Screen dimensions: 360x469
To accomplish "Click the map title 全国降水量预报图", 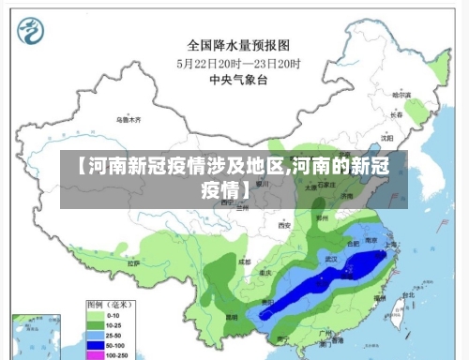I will click(x=238, y=44).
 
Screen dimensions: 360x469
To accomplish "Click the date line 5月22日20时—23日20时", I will click(x=238, y=64).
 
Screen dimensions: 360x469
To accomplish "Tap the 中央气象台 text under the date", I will click(x=238, y=81).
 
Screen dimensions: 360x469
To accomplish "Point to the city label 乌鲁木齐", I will click(x=129, y=120).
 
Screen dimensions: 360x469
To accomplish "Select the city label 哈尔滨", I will click(x=401, y=95).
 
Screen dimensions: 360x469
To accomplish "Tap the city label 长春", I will click(x=396, y=114).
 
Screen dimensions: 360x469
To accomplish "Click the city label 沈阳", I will click(x=387, y=137).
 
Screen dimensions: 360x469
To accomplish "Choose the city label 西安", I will click(x=284, y=226).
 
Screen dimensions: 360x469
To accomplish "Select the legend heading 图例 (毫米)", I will click(x=112, y=305).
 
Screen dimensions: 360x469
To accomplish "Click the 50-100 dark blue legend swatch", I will click(x=96, y=346).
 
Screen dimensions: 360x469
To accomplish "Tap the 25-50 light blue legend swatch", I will click(x=96, y=336).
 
